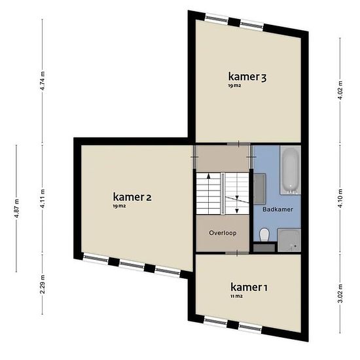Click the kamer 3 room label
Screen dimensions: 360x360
247,77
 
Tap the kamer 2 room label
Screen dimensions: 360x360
132,197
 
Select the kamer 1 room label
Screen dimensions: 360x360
249,287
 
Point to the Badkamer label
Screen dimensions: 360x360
278,209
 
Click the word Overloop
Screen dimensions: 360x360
223,233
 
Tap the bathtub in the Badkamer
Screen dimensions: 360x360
290,170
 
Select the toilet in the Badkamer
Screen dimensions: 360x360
264,234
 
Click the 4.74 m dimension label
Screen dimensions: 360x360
43,81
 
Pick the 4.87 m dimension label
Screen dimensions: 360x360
16,209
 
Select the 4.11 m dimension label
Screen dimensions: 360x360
43,199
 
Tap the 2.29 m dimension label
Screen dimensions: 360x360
43,284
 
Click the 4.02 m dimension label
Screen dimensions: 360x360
340,90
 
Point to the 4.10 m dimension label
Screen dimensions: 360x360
340,198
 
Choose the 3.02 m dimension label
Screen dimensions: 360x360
340,293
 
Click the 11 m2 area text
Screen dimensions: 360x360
236,296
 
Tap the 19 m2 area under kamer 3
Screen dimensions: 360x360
234,86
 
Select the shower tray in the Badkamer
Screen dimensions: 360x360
289,240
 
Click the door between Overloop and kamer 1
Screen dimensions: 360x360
237,253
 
